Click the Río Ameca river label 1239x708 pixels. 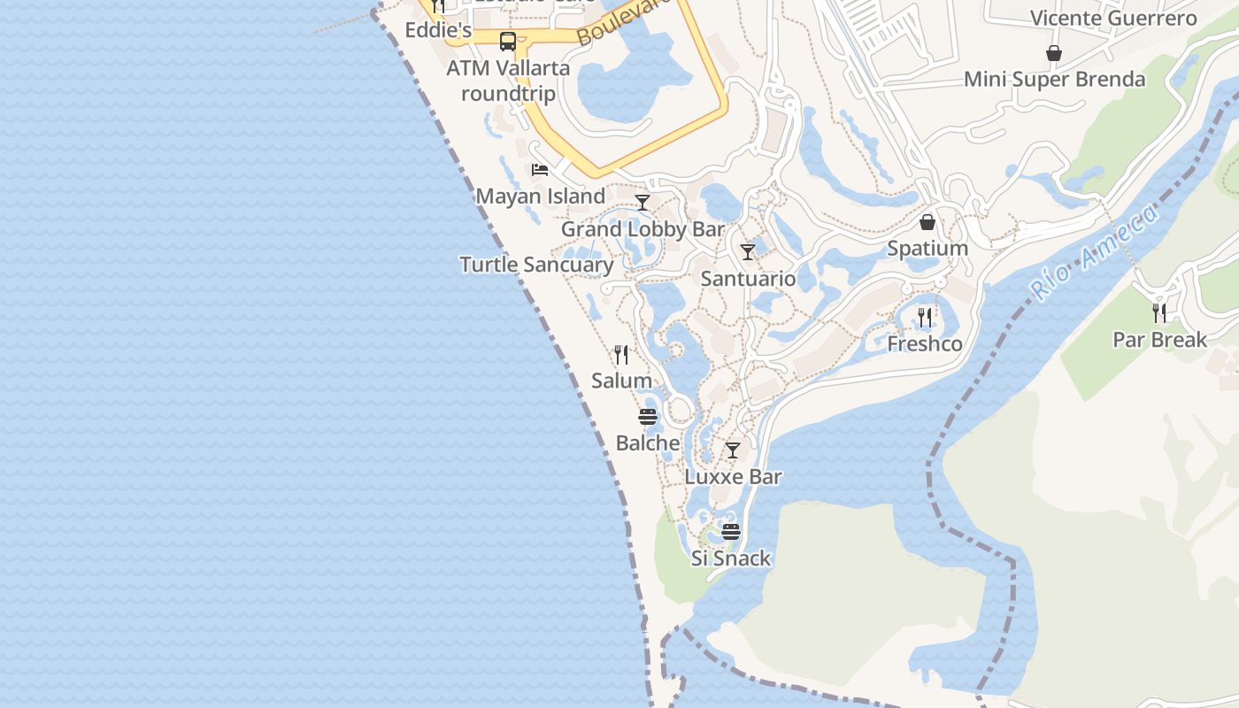click(x=1094, y=252)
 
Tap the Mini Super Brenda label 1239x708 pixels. click(x=1054, y=80)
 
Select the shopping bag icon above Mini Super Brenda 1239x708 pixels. click(x=1054, y=54)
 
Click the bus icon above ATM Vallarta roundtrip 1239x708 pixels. click(x=508, y=42)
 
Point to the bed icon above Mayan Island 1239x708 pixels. click(x=540, y=170)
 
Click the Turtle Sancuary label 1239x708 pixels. click(x=536, y=265)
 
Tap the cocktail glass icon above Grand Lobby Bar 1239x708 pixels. click(x=643, y=203)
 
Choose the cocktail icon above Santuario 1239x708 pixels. click(x=748, y=252)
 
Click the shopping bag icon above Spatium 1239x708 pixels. click(x=927, y=222)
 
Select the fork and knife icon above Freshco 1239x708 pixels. click(x=925, y=317)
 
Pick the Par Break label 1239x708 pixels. click(x=1159, y=340)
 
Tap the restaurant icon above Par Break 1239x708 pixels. click(x=1159, y=313)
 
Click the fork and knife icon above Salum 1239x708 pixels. click(x=621, y=355)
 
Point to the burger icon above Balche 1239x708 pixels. click(x=648, y=417)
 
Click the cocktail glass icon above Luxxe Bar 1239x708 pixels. click(x=733, y=450)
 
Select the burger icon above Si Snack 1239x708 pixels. click(x=731, y=532)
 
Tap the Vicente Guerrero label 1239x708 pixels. click(x=1113, y=19)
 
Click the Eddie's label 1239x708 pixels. click(x=438, y=30)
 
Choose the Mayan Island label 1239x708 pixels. click(x=541, y=196)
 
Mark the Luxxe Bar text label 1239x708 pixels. click(x=734, y=477)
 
